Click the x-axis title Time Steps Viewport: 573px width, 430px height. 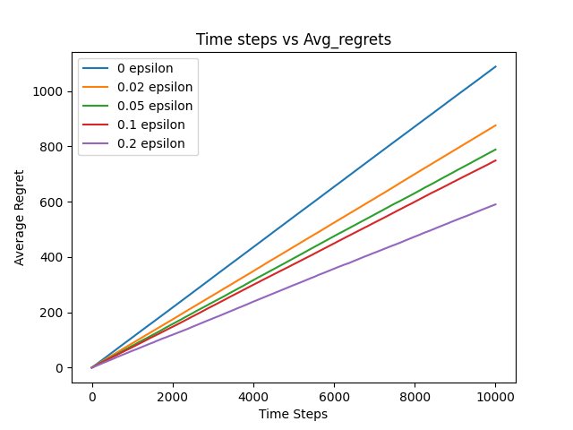294,414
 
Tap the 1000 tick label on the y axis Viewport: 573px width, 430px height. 50,91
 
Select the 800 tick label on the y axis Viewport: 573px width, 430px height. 54,147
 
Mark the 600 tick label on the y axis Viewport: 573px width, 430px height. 54,202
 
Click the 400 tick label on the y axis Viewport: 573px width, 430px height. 54,258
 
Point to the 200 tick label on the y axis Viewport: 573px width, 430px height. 54,313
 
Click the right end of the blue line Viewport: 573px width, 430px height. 496,66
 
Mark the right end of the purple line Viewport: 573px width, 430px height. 496,204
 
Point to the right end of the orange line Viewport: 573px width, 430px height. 496,125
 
